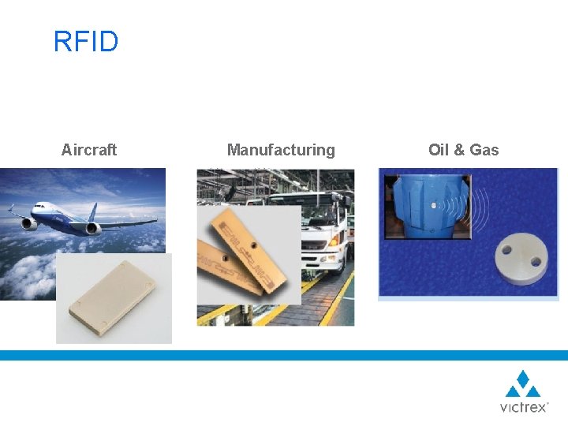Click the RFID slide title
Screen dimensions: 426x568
[x=85, y=42]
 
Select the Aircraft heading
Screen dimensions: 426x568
[x=89, y=150]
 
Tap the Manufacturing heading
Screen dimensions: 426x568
[x=281, y=150]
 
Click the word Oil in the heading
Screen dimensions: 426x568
[x=438, y=150]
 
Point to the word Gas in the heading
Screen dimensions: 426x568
[x=484, y=150]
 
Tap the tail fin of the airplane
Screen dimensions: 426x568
[x=92, y=211]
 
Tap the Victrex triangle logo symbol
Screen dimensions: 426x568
[x=523, y=385]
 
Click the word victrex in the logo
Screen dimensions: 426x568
[x=522, y=407]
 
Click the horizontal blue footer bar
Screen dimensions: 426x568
[x=284, y=355]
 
